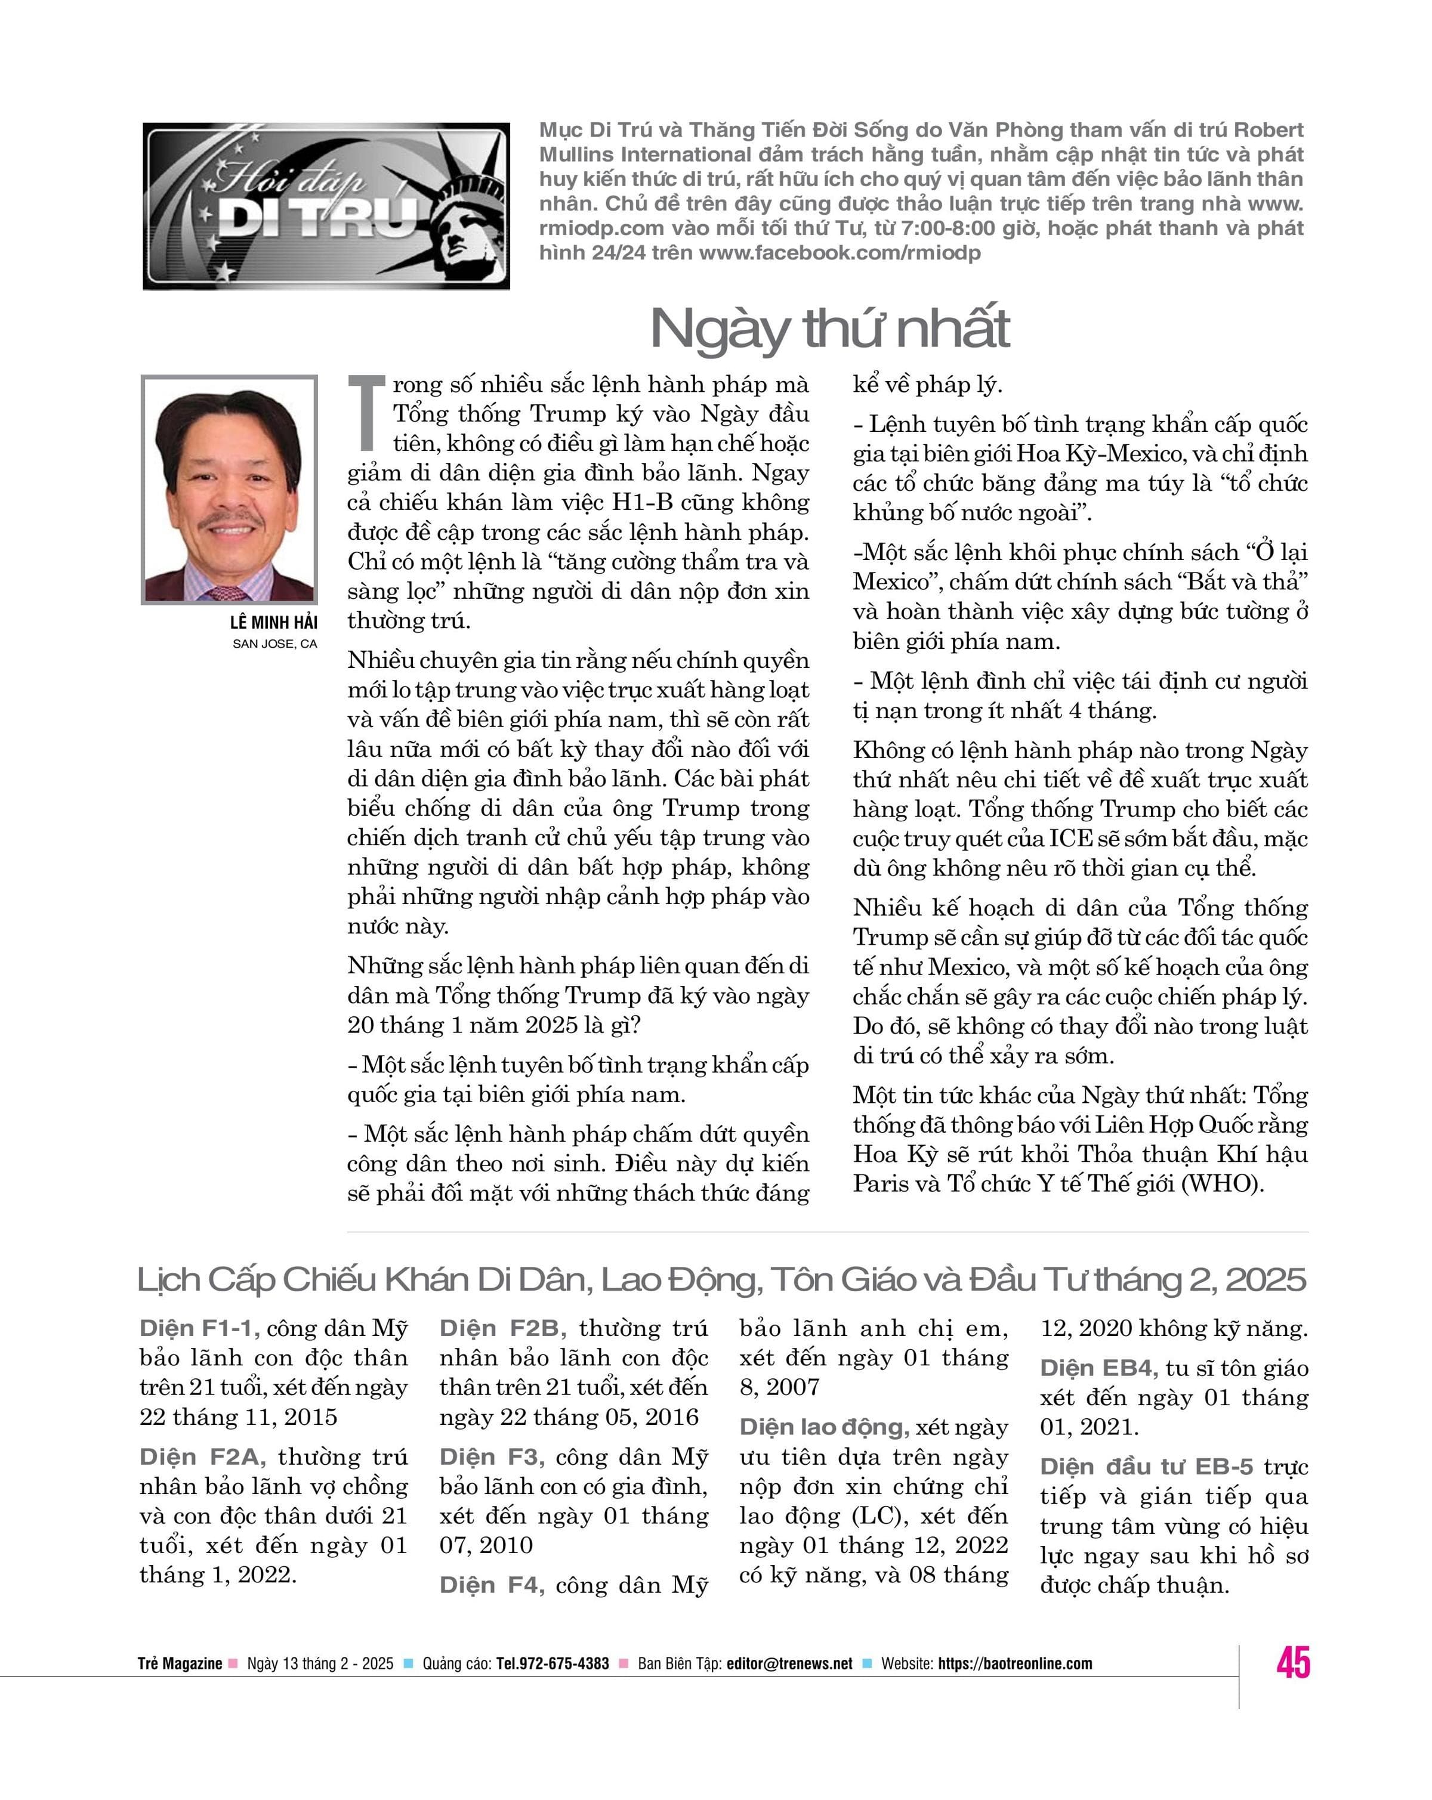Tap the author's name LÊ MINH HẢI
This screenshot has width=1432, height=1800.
[273, 623]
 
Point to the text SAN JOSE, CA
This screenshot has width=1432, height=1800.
[274, 644]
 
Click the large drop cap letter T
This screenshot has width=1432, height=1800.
[366, 413]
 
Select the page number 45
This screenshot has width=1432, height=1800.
[1292, 1662]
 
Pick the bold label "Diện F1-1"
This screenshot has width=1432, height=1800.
[199, 1328]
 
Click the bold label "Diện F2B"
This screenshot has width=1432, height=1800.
[502, 1328]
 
